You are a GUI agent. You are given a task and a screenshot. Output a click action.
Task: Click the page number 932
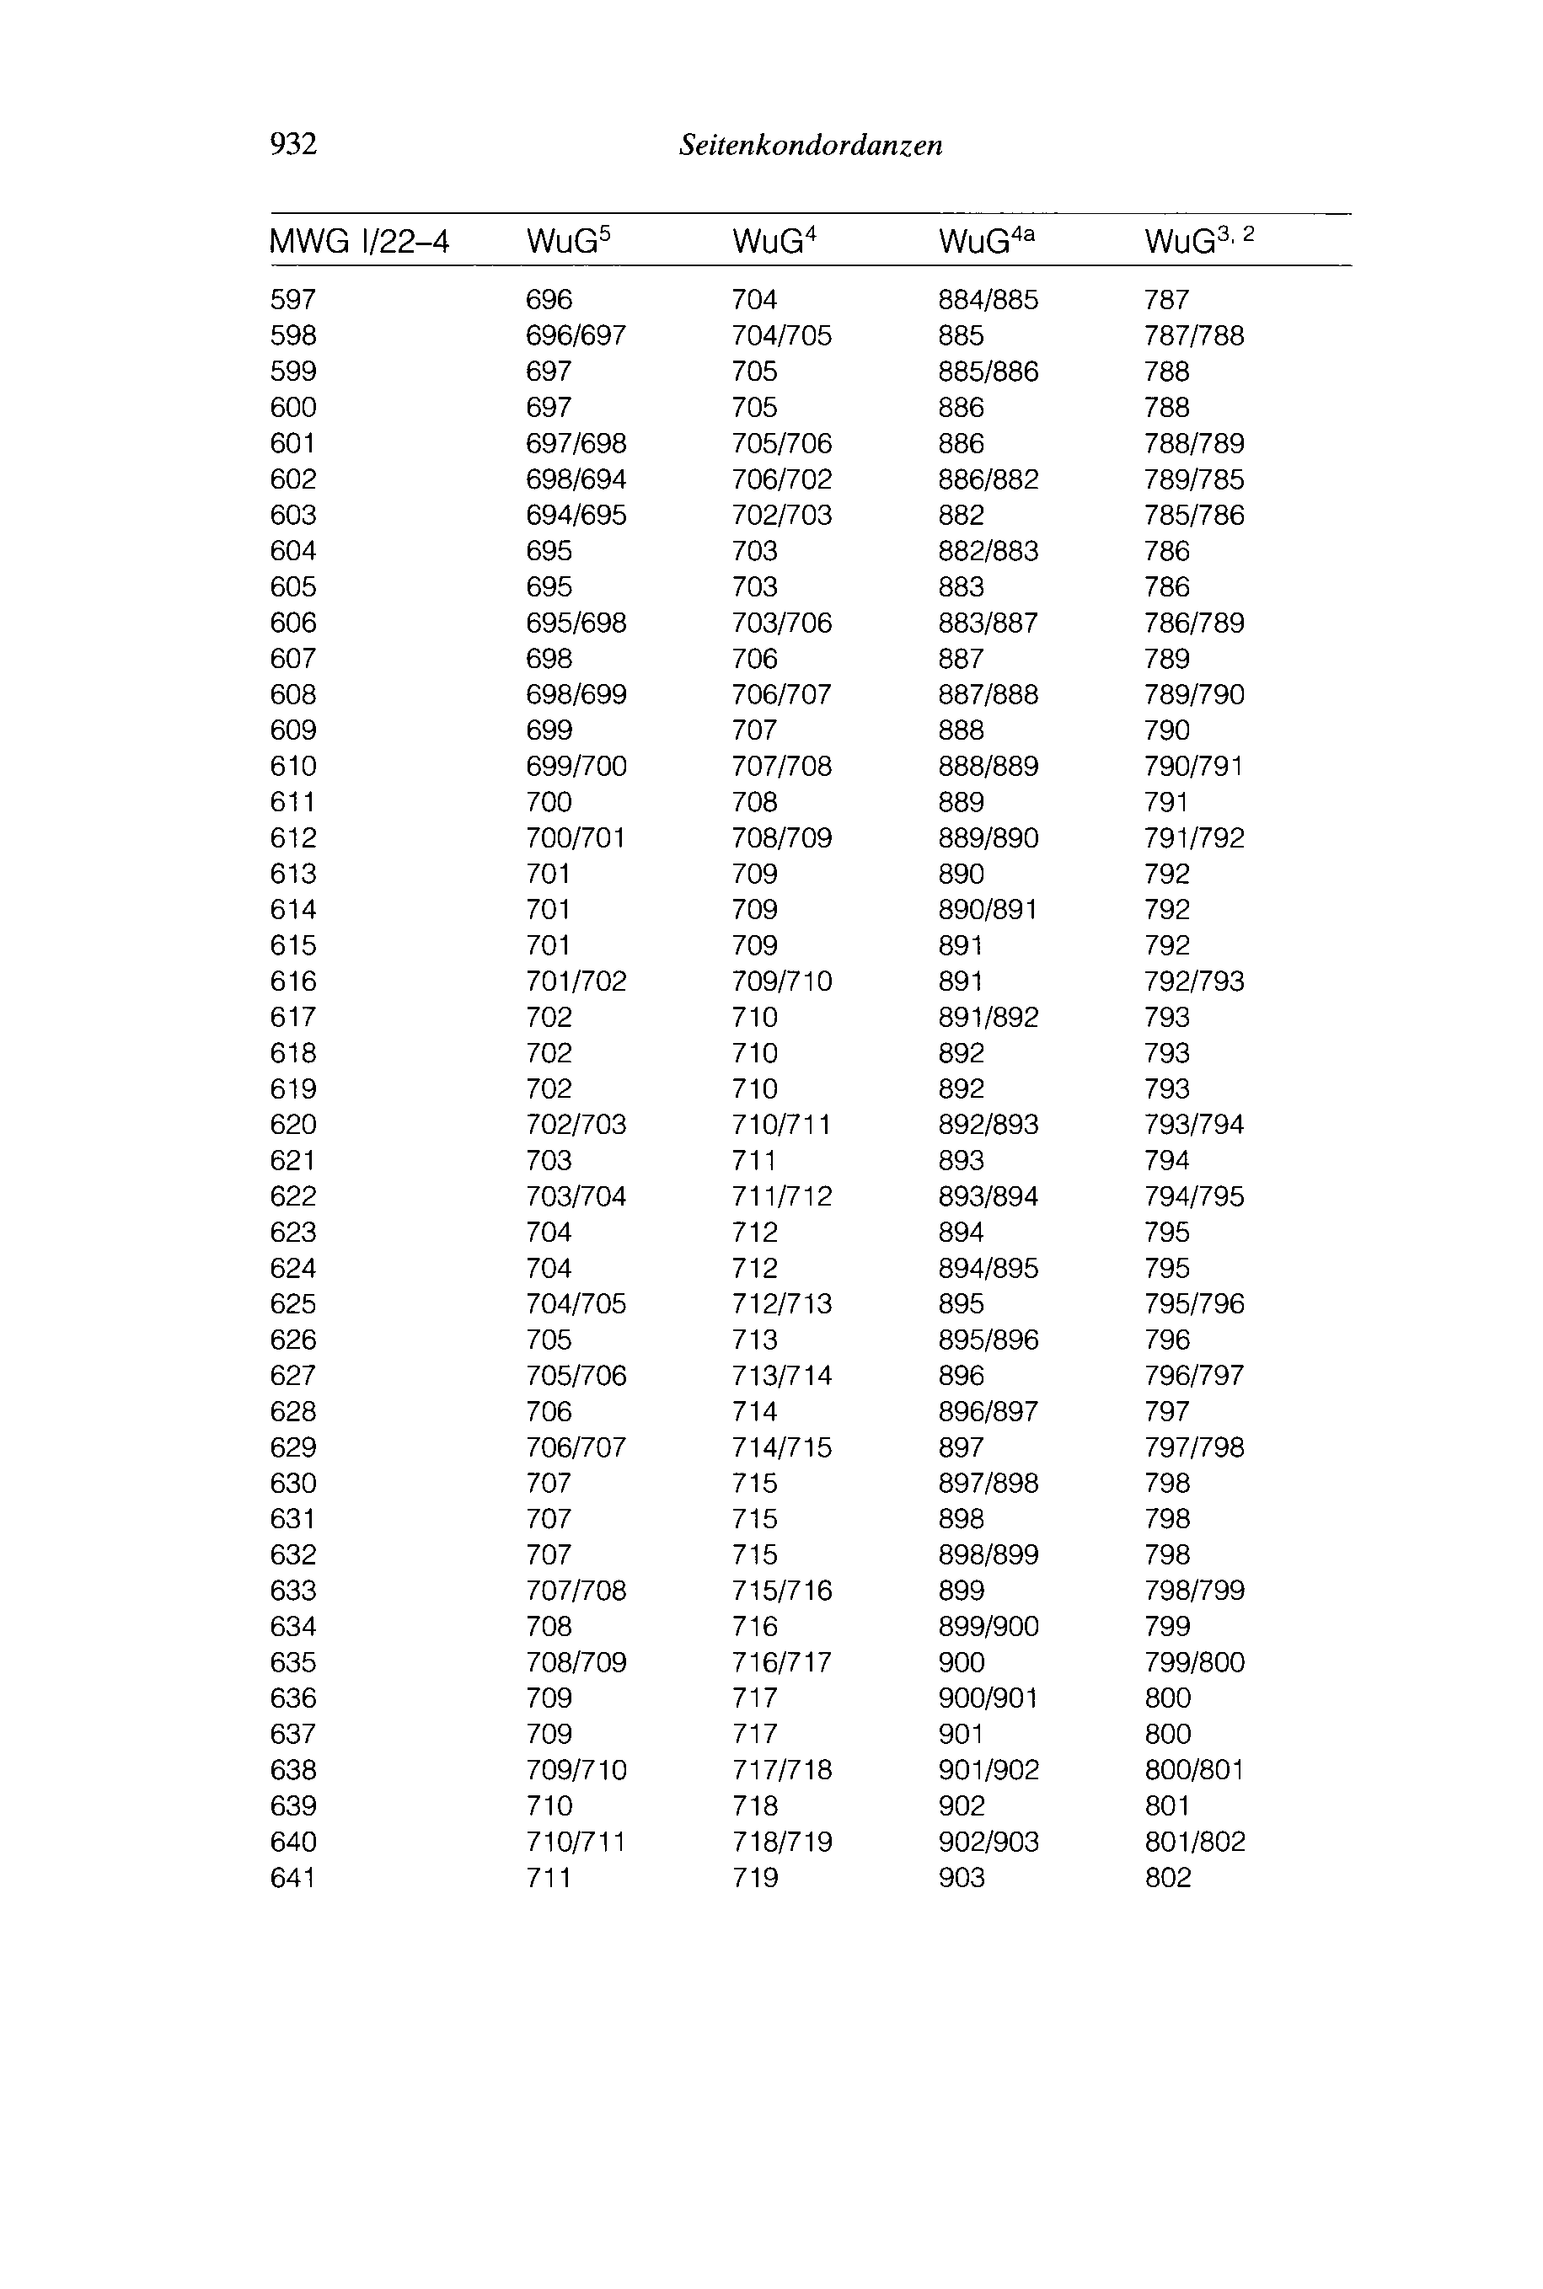(x=293, y=145)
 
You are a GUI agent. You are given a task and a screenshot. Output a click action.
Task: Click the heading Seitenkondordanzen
(x=811, y=146)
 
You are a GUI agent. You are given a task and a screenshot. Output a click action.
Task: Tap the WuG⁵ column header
(x=569, y=240)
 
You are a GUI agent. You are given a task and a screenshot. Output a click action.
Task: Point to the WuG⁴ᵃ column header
(x=987, y=240)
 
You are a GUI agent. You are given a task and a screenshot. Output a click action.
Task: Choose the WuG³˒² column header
(x=1198, y=240)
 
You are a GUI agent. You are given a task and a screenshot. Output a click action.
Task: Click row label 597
(x=293, y=299)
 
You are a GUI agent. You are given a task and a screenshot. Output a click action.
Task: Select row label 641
(x=293, y=1877)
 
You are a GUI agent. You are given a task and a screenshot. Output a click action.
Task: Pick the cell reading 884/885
(x=988, y=299)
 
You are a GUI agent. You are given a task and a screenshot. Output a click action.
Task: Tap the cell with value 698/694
(x=576, y=479)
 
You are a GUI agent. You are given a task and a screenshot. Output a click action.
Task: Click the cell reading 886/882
(x=988, y=479)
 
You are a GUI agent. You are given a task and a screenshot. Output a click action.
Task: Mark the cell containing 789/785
(x=1193, y=479)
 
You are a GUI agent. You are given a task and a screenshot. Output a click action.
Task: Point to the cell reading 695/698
(x=576, y=623)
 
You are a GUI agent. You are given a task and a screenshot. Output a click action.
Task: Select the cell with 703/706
(x=781, y=623)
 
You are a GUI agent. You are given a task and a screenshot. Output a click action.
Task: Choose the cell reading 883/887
(x=988, y=623)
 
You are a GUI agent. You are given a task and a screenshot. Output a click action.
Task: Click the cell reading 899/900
(x=988, y=1626)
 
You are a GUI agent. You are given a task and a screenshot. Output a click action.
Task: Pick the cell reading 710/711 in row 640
(x=576, y=1842)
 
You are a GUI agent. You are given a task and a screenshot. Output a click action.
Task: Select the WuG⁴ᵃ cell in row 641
(x=962, y=1877)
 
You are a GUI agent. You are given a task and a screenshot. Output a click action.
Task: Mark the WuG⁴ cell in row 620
(x=781, y=1125)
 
